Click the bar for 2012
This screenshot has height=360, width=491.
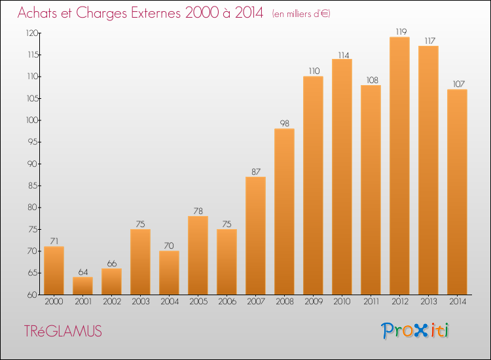[399, 166]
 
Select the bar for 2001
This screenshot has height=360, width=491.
[82, 286]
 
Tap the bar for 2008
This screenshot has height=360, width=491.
[284, 211]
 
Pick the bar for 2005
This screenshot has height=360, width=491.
[198, 255]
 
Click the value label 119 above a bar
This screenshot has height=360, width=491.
[401, 31]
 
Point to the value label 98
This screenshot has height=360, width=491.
[284, 123]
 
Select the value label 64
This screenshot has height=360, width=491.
[83, 272]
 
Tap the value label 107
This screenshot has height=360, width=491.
[459, 84]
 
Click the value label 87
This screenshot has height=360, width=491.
[256, 171]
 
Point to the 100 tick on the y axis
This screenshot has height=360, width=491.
[32, 120]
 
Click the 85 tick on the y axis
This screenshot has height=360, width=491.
[33, 186]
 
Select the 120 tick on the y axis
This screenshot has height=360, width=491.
[32, 33]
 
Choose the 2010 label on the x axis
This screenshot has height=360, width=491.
[342, 301]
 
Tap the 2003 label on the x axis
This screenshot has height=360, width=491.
[141, 301]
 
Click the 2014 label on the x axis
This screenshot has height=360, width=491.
[458, 301]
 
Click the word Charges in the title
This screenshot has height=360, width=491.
[101, 13]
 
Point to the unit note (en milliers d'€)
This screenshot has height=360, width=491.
[301, 14]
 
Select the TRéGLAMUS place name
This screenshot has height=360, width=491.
[63, 331]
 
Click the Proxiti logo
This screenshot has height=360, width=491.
[415, 331]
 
